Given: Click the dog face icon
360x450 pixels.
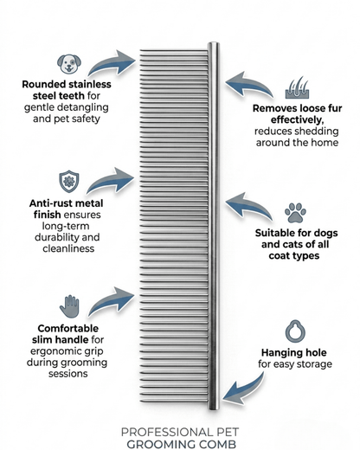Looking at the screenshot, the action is (69, 64).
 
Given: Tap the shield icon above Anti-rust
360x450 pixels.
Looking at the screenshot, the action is (69, 181).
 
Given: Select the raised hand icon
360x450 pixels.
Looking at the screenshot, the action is (69, 306).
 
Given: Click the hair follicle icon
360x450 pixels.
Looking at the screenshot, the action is (297, 87).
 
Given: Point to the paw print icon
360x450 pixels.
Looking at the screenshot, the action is (295, 213).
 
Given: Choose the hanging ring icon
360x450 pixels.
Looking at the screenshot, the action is (295, 331).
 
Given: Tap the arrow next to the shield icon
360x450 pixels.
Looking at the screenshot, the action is (111, 181).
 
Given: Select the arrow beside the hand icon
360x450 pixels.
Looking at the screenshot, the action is (112, 301).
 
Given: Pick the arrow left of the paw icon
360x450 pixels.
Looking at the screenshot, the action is (248, 204).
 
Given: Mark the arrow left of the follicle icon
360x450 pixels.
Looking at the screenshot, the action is (248, 84).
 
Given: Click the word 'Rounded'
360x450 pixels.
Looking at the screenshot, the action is (44, 84).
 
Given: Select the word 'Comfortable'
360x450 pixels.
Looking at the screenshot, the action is (68, 328).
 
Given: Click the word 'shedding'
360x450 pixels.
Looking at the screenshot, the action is (317, 132).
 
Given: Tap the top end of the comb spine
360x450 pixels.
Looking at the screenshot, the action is (214, 43).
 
